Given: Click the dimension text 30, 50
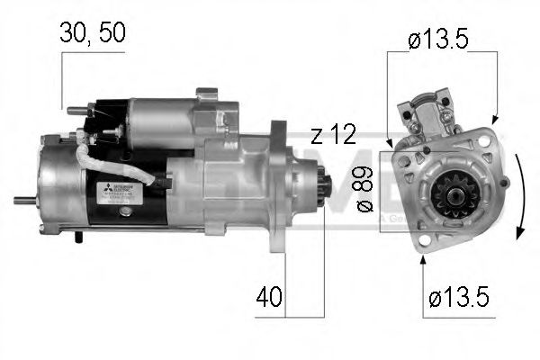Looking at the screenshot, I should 93,32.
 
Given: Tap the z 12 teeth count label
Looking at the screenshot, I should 332,135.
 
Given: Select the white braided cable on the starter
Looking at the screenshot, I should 117,166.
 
